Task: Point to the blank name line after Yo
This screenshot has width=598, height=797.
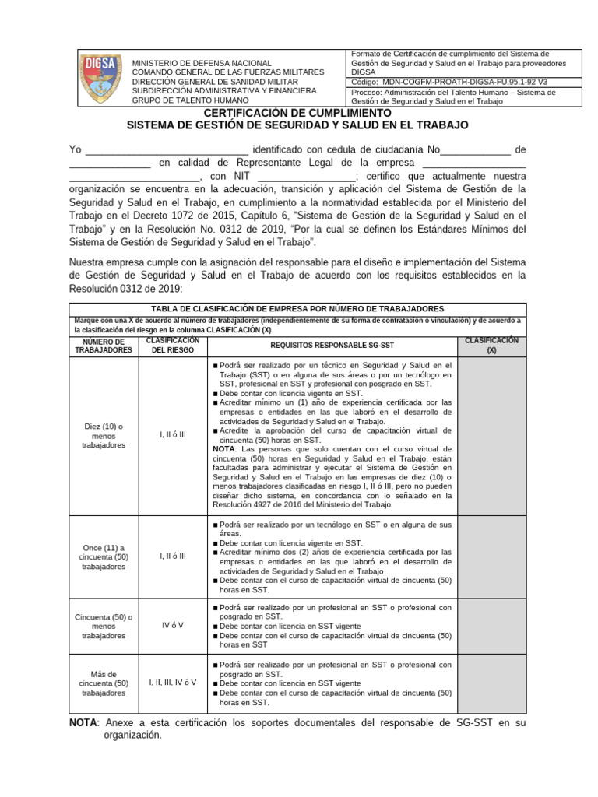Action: (x=166, y=150)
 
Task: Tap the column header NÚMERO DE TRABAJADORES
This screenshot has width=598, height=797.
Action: (x=103, y=346)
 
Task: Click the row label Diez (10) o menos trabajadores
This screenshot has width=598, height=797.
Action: (x=103, y=435)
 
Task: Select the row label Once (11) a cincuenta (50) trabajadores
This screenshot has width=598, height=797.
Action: (x=103, y=556)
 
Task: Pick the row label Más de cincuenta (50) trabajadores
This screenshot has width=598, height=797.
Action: (x=103, y=683)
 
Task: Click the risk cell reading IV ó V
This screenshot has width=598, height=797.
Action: (x=172, y=625)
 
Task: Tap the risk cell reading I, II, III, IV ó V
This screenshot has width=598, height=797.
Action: (x=172, y=683)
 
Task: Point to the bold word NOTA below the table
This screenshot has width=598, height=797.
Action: (x=83, y=722)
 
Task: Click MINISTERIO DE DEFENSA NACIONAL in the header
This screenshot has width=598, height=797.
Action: (x=202, y=63)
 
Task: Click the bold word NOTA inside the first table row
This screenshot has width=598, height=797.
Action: (x=225, y=449)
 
